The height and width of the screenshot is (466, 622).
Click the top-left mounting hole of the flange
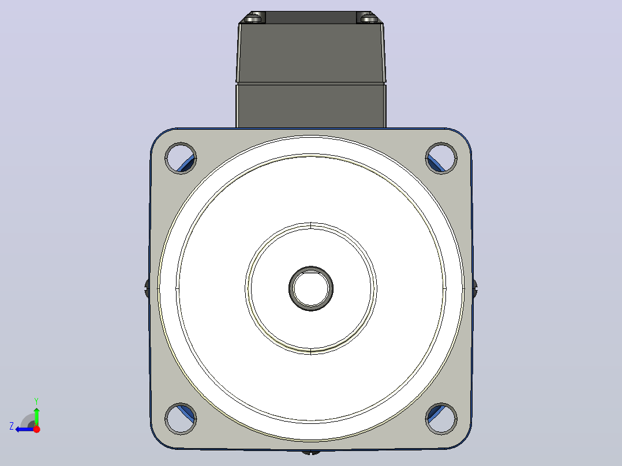tap(181, 158)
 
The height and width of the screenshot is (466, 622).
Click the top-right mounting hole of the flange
tap(441, 158)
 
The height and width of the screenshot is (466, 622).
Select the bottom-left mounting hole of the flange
tap(181, 418)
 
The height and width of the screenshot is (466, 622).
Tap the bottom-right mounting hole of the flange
tap(441, 418)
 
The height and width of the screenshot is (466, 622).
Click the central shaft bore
tap(311, 288)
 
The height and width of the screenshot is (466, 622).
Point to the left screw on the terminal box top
tap(254, 18)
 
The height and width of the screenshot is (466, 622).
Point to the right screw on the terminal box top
tap(369, 18)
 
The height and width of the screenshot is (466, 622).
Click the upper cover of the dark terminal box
tap(310, 53)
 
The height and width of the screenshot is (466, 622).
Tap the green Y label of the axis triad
tap(36, 401)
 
